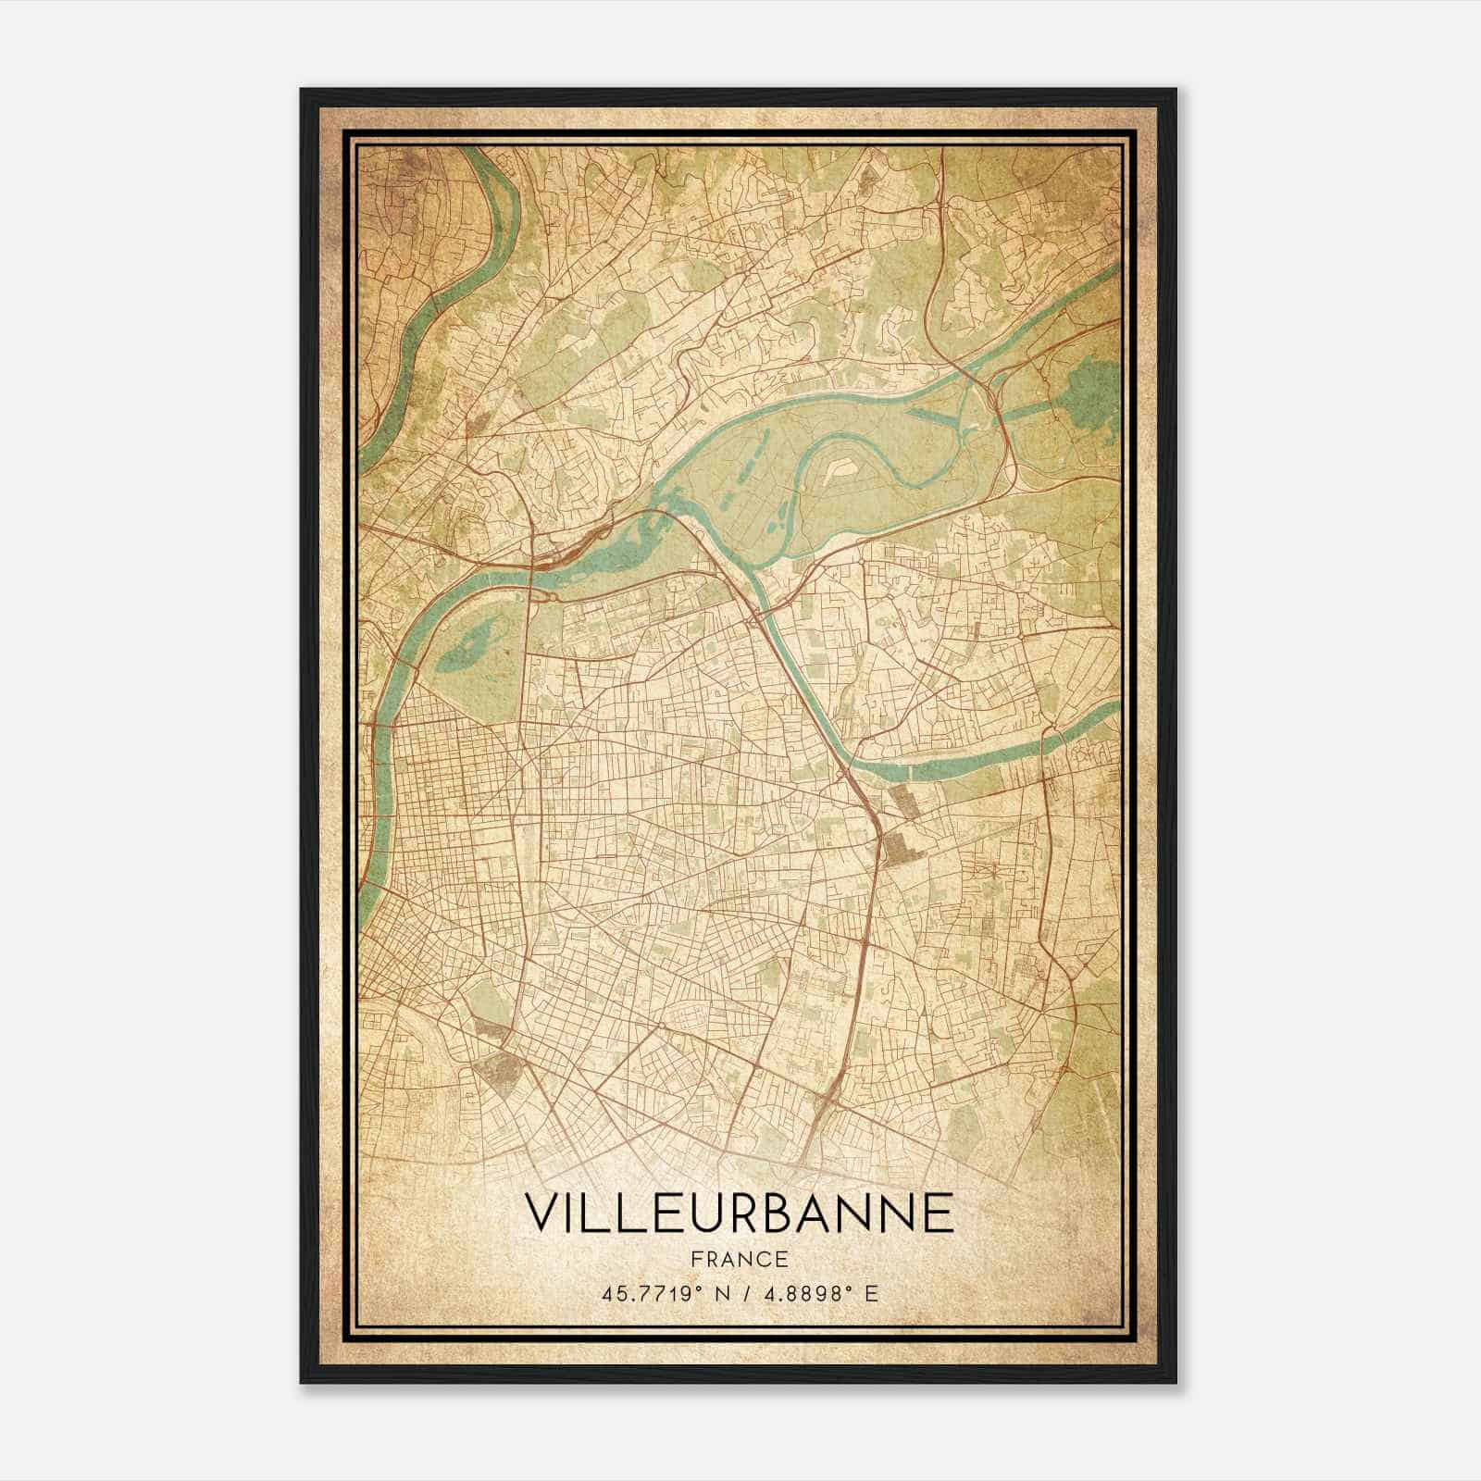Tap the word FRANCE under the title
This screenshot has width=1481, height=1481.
[739, 1259]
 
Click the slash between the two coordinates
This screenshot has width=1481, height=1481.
[740, 1293]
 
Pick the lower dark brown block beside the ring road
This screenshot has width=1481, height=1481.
[896, 848]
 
